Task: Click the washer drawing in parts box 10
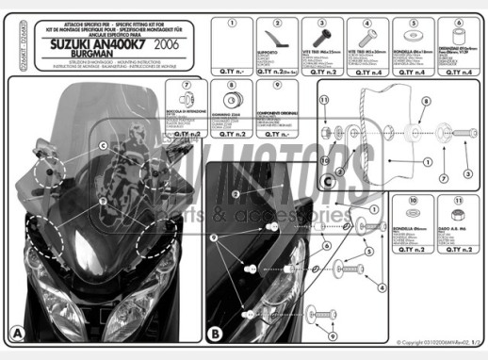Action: (413, 223)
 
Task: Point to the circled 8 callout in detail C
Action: (424, 100)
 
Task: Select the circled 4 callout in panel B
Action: (381, 286)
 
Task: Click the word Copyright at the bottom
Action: (416, 343)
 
